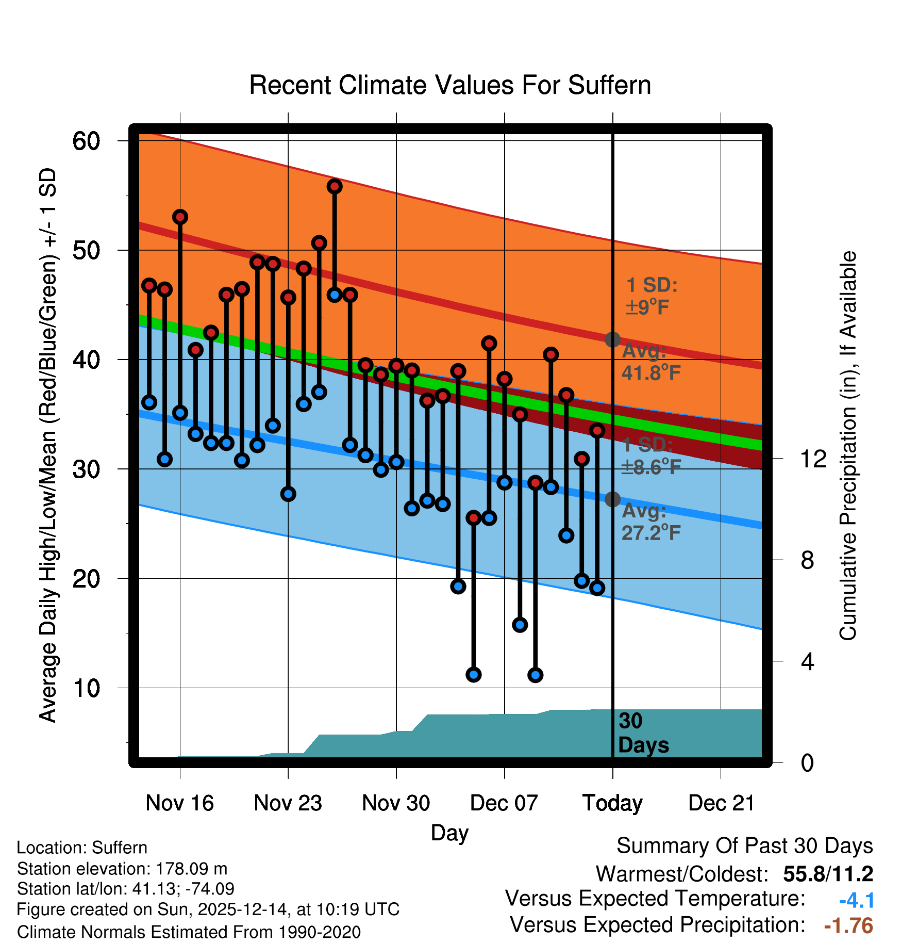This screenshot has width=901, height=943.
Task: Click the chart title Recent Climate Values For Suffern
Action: (450, 85)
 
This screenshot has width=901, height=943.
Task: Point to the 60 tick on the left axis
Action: (86, 141)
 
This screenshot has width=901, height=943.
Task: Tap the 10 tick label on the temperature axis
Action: (86, 688)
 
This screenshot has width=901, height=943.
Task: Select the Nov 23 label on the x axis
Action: (288, 803)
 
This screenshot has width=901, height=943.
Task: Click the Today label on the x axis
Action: (612, 803)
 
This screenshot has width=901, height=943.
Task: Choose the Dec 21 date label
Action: (721, 803)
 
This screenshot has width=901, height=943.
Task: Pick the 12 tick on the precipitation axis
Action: (813, 459)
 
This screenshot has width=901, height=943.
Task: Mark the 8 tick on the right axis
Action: (807, 560)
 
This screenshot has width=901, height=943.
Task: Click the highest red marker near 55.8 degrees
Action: (335, 186)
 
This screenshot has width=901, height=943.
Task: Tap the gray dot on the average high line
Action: (612, 339)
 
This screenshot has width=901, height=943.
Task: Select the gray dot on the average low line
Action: (612, 499)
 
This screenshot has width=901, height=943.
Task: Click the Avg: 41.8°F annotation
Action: (651, 362)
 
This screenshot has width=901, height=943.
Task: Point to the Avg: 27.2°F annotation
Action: (651, 522)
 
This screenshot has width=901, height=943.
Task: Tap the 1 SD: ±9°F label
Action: (651, 296)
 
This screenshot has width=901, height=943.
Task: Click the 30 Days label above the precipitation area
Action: (643, 733)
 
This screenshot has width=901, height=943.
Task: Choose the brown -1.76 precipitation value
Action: (848, 925)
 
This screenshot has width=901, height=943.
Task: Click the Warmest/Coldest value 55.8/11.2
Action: (828, 874)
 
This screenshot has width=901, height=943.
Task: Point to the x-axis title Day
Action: (449, 833)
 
